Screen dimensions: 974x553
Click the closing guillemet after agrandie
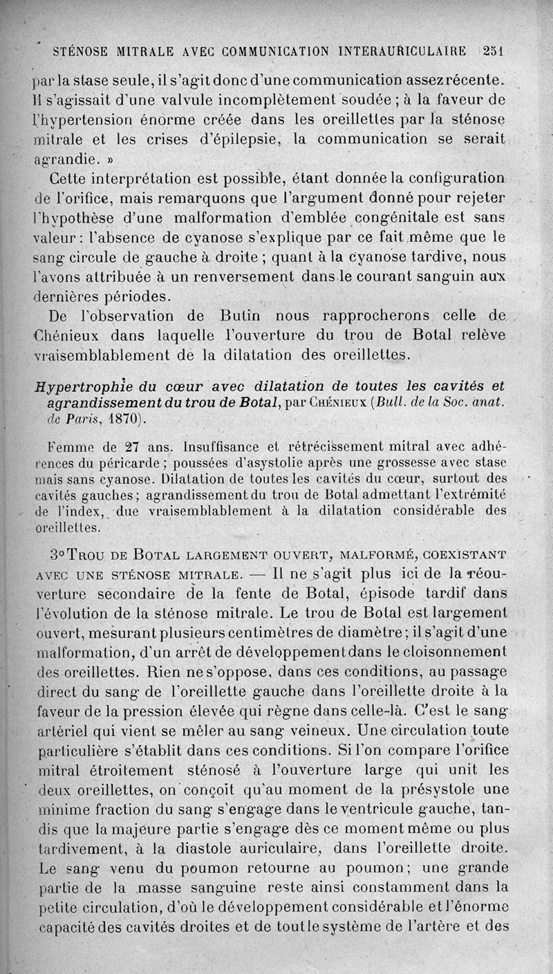[x=108, y=158]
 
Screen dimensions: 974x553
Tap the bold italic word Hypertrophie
[x=81, y=386]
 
